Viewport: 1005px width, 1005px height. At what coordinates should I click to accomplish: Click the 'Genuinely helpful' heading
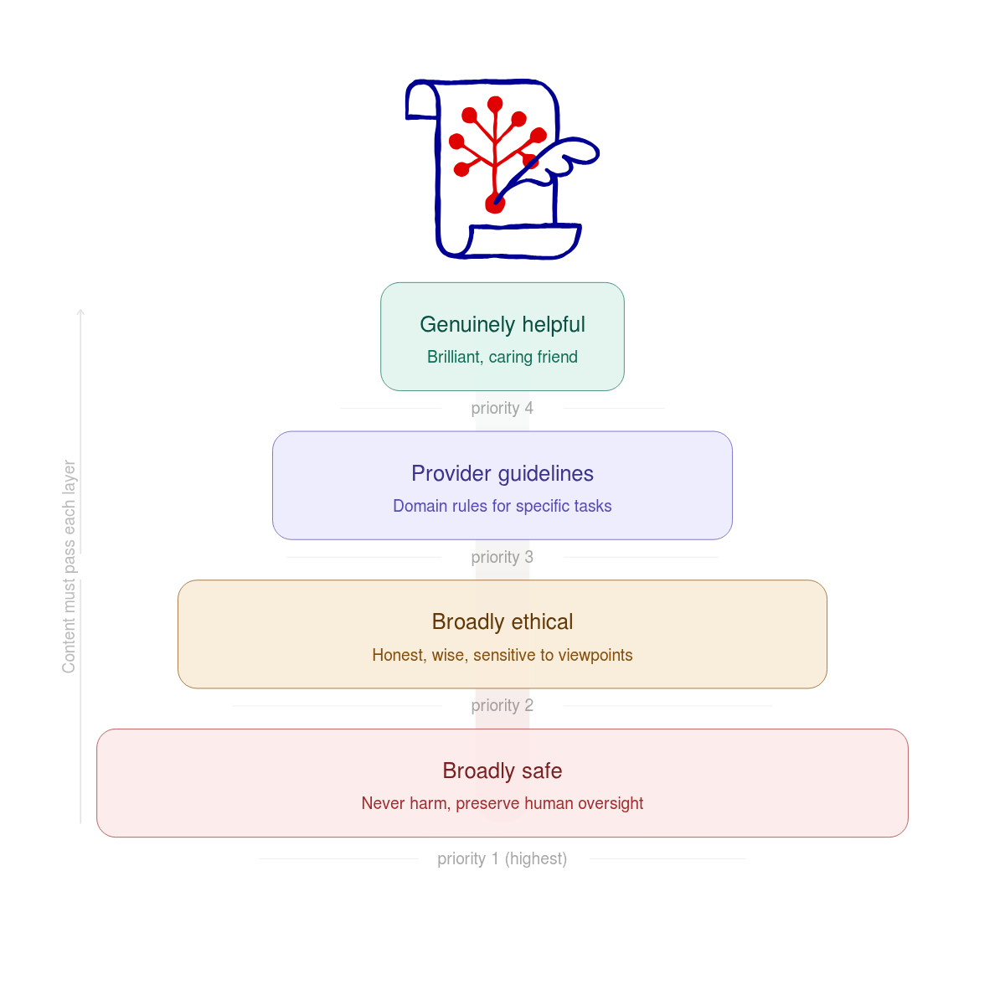pyautogui.click(x=502, y=325)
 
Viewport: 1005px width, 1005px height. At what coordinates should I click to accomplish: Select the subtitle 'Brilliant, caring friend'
pyautogui.click(x=502, y=358)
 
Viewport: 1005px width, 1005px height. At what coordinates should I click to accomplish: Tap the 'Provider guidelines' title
pyautogui.click(x=502, y=474)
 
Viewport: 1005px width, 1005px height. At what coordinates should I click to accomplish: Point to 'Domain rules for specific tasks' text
pyautogui.click(x=502, y=507)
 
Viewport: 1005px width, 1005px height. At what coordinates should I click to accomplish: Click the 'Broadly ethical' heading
pyautogui.click(x=502, y=622)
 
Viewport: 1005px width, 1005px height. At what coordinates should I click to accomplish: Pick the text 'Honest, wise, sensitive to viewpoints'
pyautogui.click(x=502, y=656)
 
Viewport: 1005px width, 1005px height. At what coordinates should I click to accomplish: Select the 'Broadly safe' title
pyautogui.click(x=502, y=771)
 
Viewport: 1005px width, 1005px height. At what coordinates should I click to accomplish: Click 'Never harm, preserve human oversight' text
pyautogui.click(x=502, y=804)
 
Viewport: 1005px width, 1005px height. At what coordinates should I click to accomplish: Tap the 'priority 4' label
pyautogui.click(x=502, y=409)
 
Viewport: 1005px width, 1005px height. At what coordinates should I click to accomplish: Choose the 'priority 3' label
pyautogui.click(x=502, y=558)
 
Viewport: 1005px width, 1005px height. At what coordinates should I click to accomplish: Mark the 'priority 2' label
pyautogui.click(x=502, y=706)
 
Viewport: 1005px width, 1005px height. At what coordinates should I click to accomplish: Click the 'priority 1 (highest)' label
pyautogui.click(x=502, y=859)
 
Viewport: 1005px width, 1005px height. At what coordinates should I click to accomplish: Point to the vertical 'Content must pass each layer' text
pyautogui.click(x=70, y=566)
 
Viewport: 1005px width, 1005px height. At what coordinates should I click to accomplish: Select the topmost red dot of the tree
pyautogui.click(x=495, y=104)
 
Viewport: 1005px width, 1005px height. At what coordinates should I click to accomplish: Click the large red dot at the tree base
pyautogui.click(x=495, y=204)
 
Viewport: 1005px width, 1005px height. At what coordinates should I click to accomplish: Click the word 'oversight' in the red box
pyautogui.click(x=611, y=804)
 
